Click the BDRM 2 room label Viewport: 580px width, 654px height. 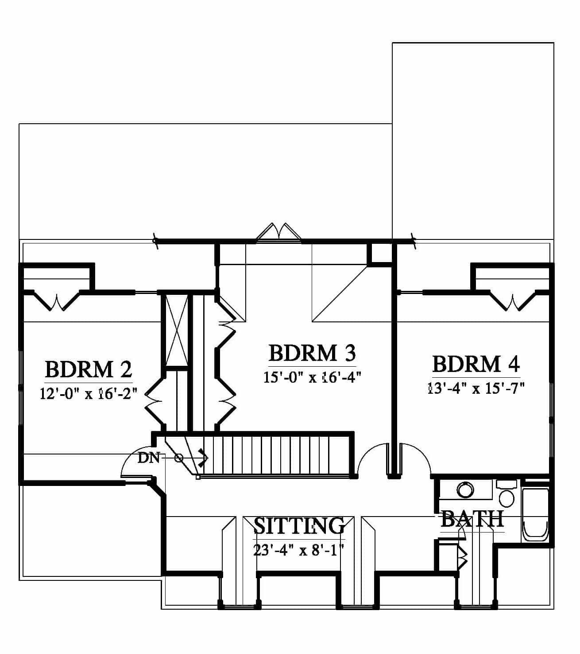pos(89,370)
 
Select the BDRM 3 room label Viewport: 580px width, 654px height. pos(312,353)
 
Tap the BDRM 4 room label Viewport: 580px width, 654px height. pos(476,364)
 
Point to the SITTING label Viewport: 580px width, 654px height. pos(299,525)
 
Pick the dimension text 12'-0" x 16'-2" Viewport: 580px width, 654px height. pos(89,394)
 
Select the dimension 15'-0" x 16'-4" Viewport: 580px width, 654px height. pos(312,377)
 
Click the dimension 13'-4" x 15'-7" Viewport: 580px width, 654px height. pos(476,388)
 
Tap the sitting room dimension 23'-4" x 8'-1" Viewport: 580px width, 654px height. pos(299,550)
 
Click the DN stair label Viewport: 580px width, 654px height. pos(148,458)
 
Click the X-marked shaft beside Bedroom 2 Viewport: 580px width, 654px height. pos(176,330)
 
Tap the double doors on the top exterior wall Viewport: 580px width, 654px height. pos(279,231)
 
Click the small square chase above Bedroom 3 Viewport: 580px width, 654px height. pos(381,254)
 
